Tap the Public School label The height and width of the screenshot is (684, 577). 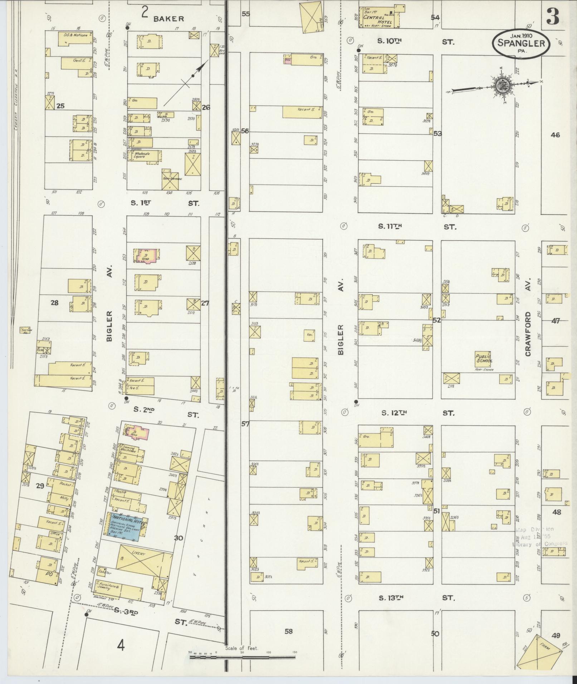(x=484, y=358)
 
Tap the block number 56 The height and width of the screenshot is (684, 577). (x=245, y=131)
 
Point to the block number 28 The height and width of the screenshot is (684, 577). (x=54, y=303)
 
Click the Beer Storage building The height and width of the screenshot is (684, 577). (x=171, y=179)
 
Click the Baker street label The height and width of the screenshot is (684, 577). (x=168, y=19)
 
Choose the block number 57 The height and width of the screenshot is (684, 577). (x=245, y=424)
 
